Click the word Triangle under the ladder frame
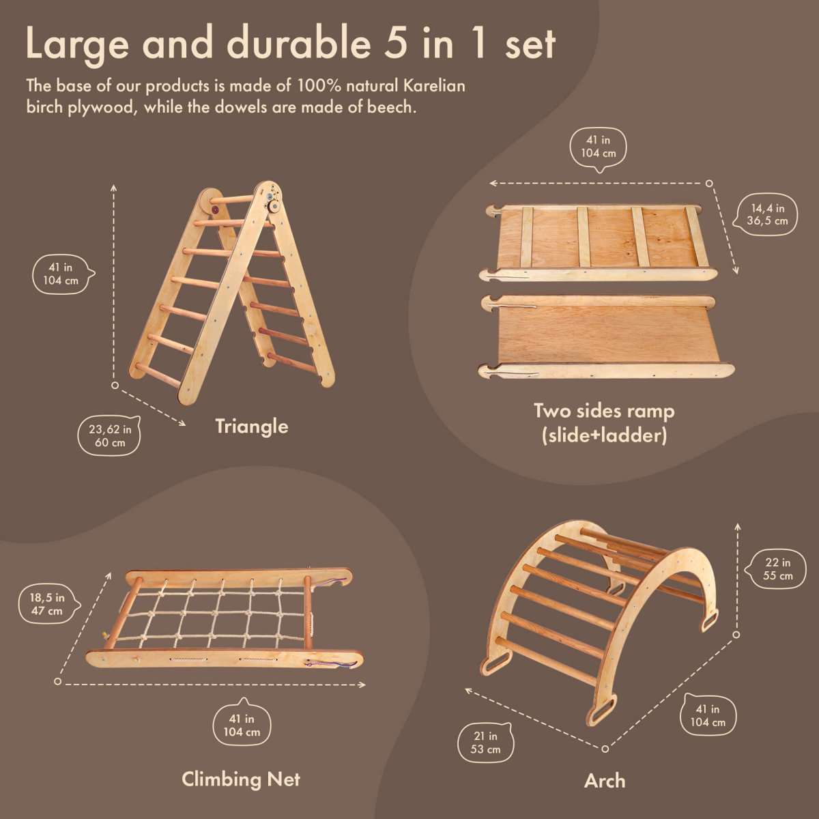pyautogui.click(x=251, y=427)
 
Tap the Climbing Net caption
pyautogui.click(x=240, y=779)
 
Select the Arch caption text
pyautogui.click(x=605, y=781)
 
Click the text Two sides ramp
pyautogui.click(x=603, y=411)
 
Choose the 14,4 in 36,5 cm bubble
pyautogui.click(x=768, y=214)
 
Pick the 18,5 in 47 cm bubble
pyautogui.click(x=46, y=604)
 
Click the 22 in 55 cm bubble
pyautogui.click(x=777, y=569)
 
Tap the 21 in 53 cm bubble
pyautogui.click(x=486, y=743)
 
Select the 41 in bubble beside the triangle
pyautogui.click(x=62, y=274)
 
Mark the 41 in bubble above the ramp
pyautogui.click(x=598, y=147)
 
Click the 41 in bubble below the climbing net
pyautogui.click(x=242, y=725)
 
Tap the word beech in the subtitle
pyautogui.click(x=390, y=107)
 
